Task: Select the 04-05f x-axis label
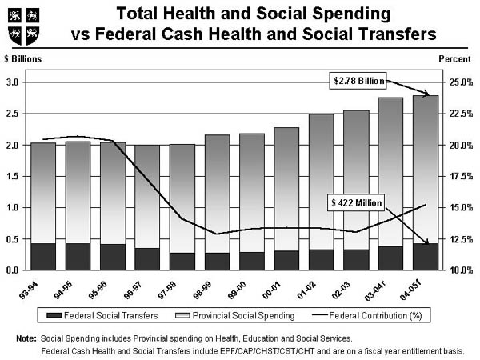pos(425,288)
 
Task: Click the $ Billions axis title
pos(23,60)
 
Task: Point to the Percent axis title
pos(455,60)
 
